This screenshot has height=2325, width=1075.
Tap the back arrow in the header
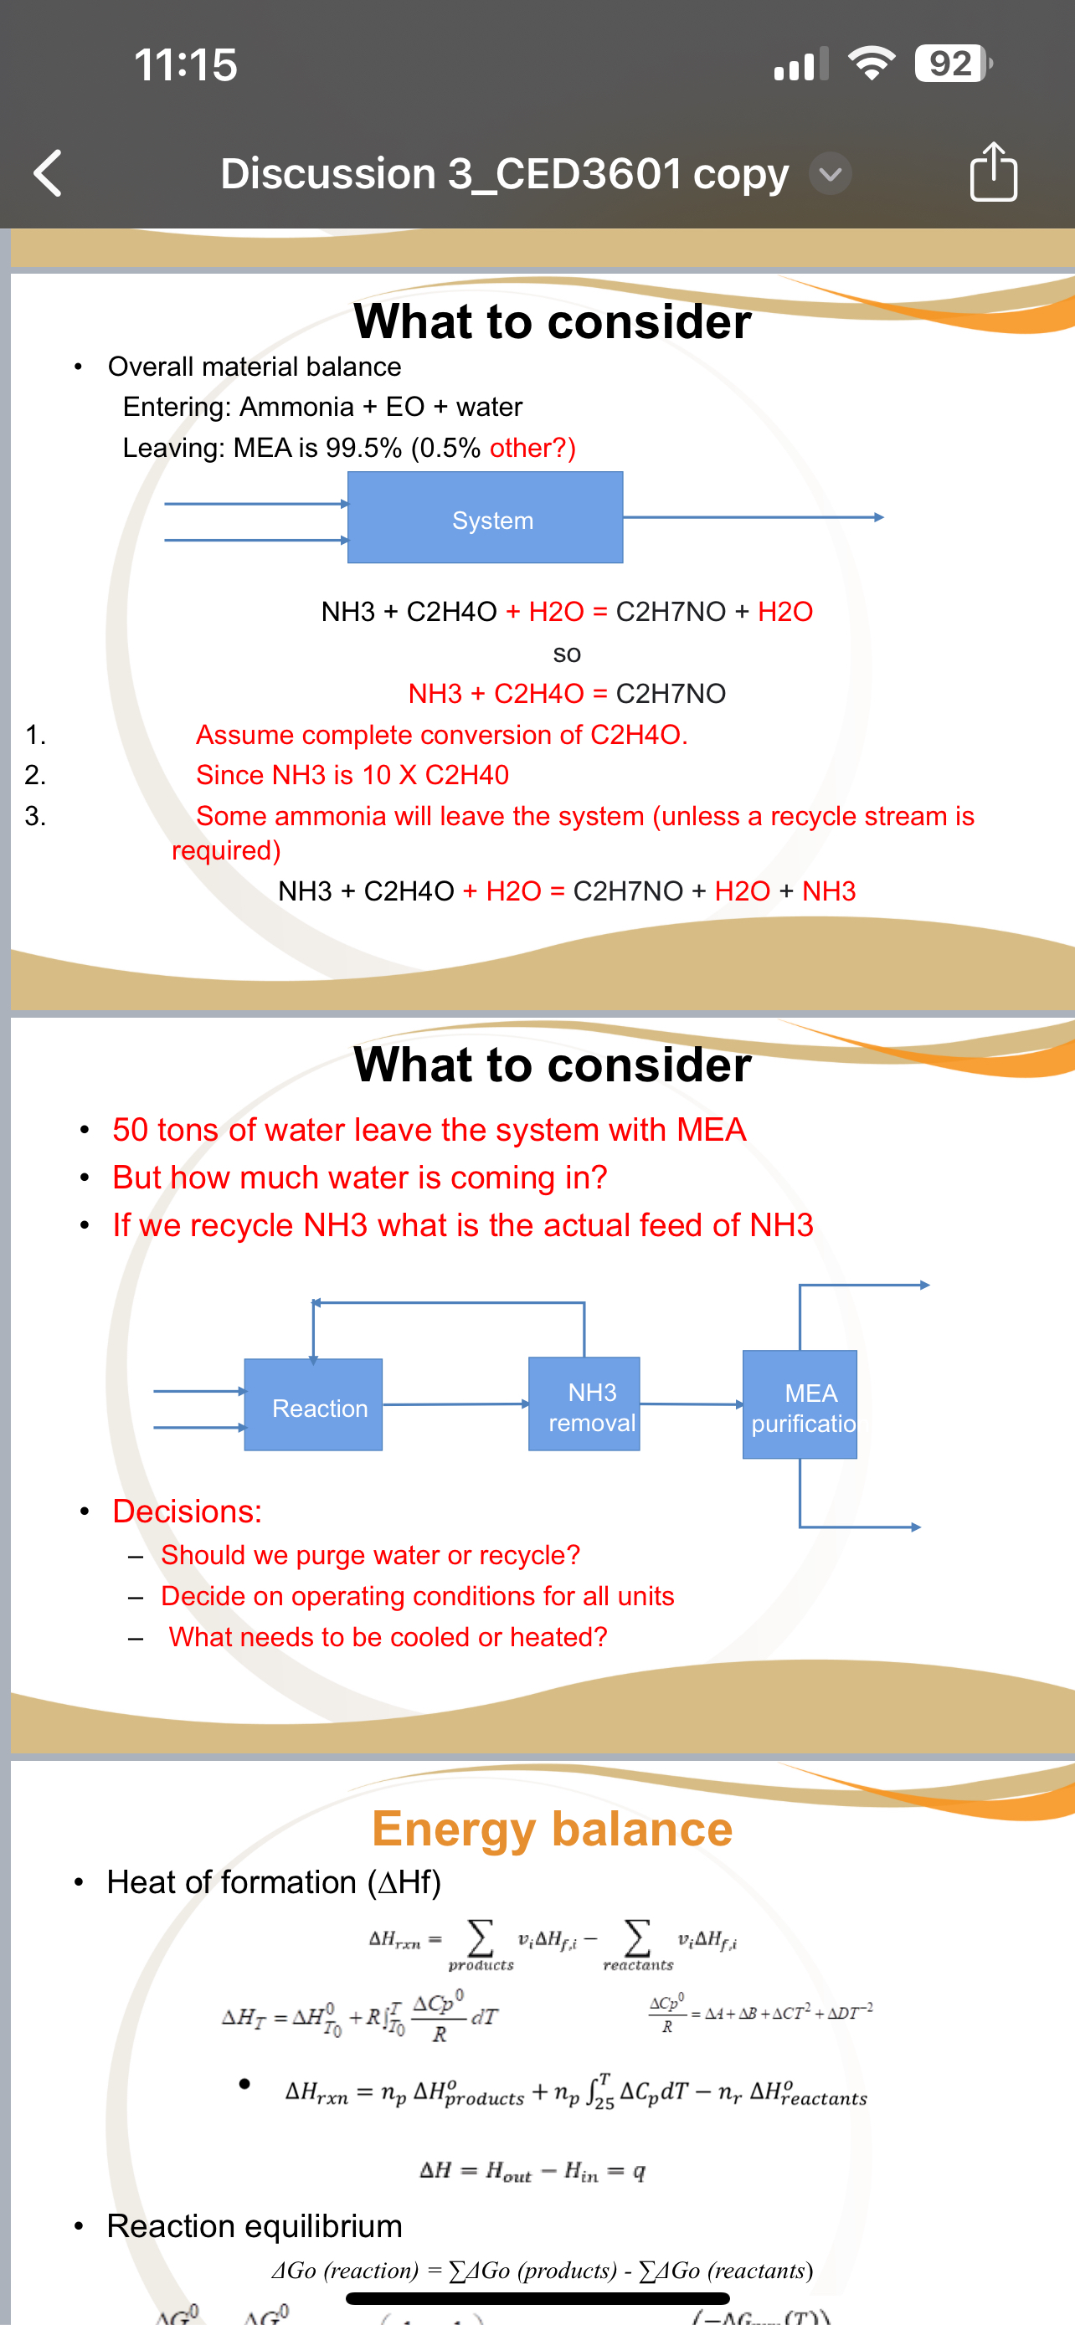[x=48, y=172]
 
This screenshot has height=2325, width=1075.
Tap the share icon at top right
[x=993, y=171]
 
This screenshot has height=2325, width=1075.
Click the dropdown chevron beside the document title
[x=830, y=173]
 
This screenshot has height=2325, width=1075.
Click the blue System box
[x=485, y=517]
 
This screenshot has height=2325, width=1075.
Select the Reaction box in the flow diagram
[x=313, y=1404]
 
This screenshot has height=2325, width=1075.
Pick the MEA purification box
[x=800, y=1404]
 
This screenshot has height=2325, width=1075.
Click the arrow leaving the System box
[x=754, y=517]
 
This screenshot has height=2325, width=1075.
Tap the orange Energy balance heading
[x=552, y=1830]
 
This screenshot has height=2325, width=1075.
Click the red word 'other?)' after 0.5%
[x=532, y=448]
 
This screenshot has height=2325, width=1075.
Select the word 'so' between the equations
[x=566, y=653]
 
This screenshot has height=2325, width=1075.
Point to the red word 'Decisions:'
[x=187, y=1511]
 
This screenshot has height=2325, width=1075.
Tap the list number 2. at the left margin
[x=35, y=774]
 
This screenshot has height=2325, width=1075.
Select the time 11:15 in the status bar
[x=185, y=64]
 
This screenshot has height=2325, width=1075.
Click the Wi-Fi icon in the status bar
[x=871, y=63]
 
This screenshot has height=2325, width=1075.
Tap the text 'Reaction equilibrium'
[x=254, y=2225]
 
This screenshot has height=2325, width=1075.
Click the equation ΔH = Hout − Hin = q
[x=532, y=2170]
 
